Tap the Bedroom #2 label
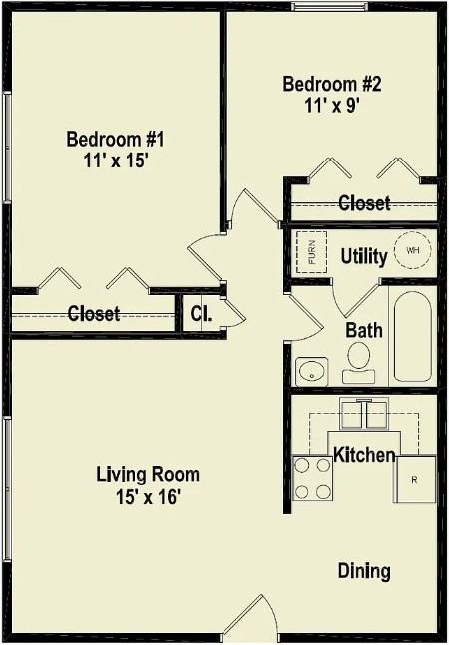point(332,84)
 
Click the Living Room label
point(148,474)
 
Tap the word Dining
point(364,571)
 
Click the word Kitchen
point(364,455)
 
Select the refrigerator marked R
point(415,480)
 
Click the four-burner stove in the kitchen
point(312,478)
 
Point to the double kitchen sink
point(363,411)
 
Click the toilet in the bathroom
point(360,362)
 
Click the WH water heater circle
point(412,250)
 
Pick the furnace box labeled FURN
point(310,251)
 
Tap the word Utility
point(364,256)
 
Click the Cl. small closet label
point(201,314)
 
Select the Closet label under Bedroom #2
point(364,203)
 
